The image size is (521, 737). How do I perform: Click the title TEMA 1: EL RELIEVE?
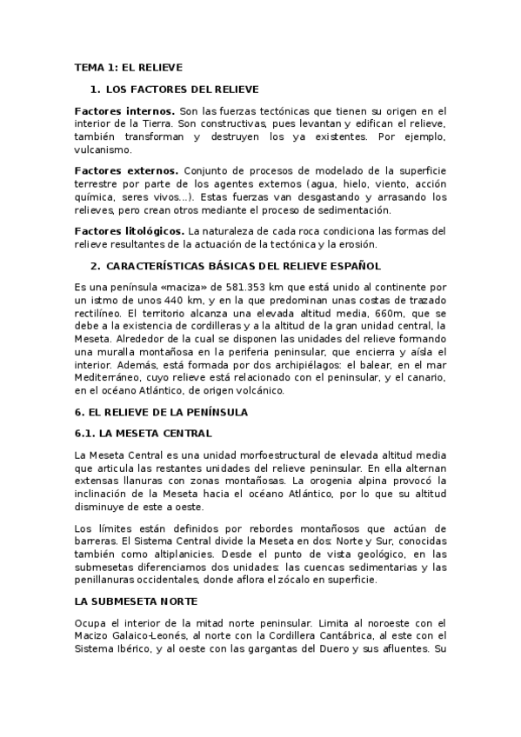(128, 67)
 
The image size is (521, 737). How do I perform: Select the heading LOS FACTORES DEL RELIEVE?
(182, 90)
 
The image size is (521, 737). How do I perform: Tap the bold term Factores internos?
(124, 111)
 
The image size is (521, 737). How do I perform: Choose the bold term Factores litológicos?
(130, 230)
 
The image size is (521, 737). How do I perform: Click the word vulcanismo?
(108, 149)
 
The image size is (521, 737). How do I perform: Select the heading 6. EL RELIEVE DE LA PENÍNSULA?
(161, 412)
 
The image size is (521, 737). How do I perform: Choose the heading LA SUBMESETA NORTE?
(137, 601)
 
